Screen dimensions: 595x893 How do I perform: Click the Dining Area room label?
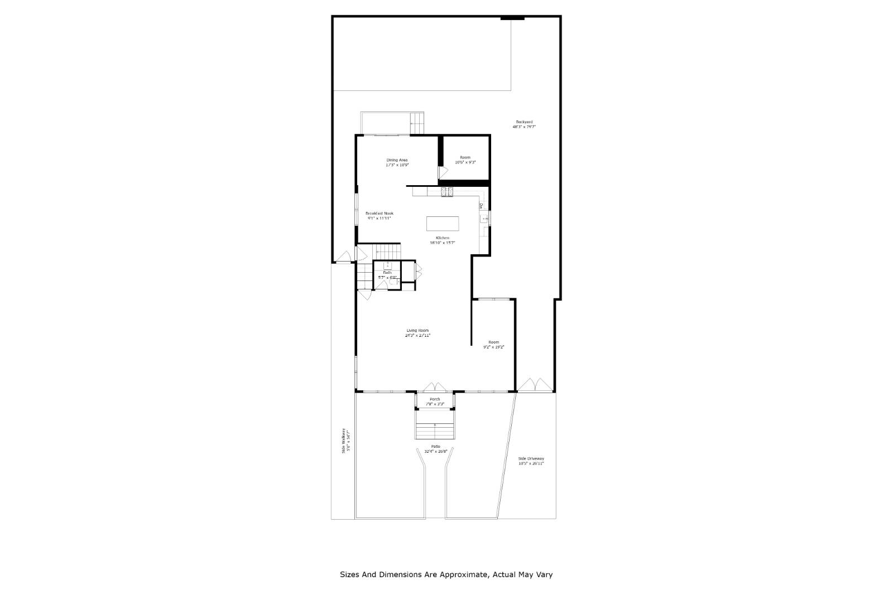397,160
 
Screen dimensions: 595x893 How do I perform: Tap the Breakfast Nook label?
380,214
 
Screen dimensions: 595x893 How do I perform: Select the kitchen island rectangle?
443,224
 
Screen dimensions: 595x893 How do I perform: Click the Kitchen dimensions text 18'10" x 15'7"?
443,243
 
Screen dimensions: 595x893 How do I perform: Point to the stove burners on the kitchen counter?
448,192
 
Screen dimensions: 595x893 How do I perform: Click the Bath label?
387,273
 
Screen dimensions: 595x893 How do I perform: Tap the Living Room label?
417,331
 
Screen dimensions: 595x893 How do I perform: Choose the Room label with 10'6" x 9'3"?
465,158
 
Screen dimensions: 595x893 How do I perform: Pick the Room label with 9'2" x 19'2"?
493,342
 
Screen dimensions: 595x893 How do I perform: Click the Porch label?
435,399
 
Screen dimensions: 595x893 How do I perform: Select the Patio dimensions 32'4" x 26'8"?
435,451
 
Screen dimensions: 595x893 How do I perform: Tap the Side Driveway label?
531,458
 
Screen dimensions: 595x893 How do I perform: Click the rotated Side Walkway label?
344,441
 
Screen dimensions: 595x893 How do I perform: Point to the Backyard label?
524,122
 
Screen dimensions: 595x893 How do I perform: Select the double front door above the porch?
435,387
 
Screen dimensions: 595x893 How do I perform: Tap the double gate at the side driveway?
535,385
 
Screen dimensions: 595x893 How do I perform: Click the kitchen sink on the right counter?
484,219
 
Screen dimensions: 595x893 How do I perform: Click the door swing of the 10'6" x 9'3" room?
443,173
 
